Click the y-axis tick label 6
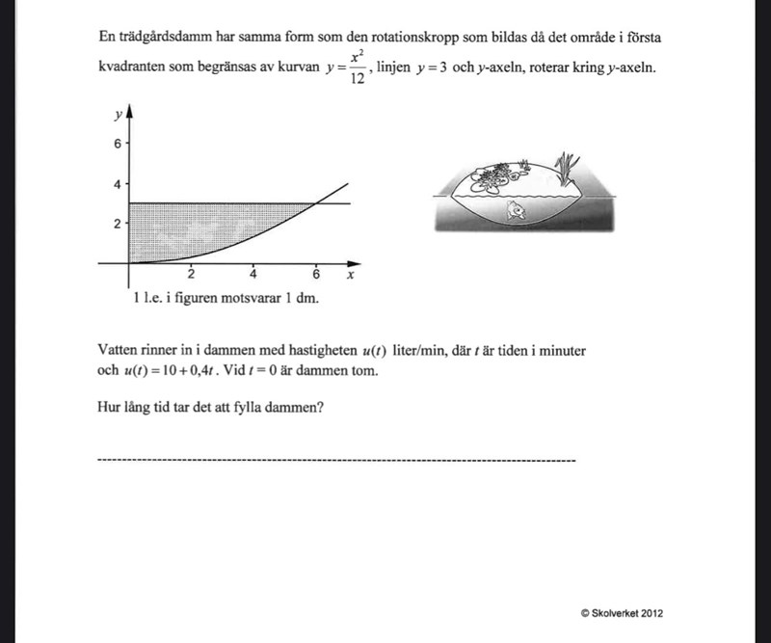coord(118,144)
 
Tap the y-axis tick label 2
coord(118,224)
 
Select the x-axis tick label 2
coord(191,275)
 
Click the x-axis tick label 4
coord(253,275)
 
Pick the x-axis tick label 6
coord(316,275)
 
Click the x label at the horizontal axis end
coord(351,275)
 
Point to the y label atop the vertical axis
coord(117,114)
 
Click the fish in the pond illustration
coord(517,207)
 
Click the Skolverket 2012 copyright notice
coord(622,613)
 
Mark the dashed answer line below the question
coord(336,461)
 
